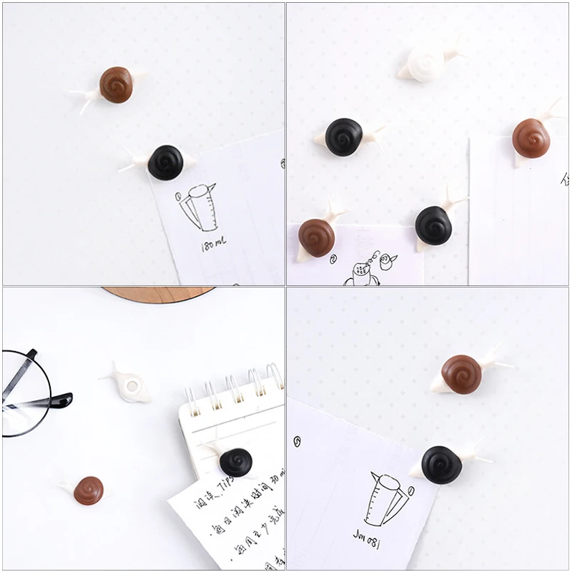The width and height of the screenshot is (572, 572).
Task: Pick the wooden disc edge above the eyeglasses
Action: [157, 293]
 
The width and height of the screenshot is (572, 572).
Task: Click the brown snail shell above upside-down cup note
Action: [461, 374]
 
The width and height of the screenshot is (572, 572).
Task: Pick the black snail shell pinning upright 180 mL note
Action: [166, 162]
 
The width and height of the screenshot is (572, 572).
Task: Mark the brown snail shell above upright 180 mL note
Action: [116, 84]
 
